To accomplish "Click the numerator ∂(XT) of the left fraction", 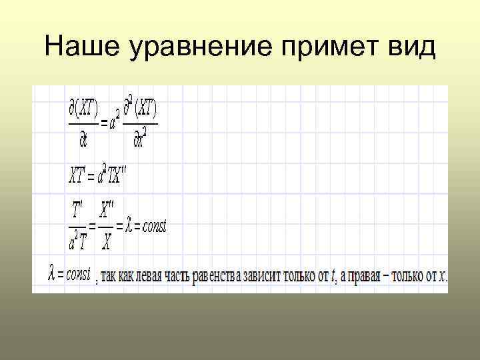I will [83, 107].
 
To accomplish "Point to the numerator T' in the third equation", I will [78, 212].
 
